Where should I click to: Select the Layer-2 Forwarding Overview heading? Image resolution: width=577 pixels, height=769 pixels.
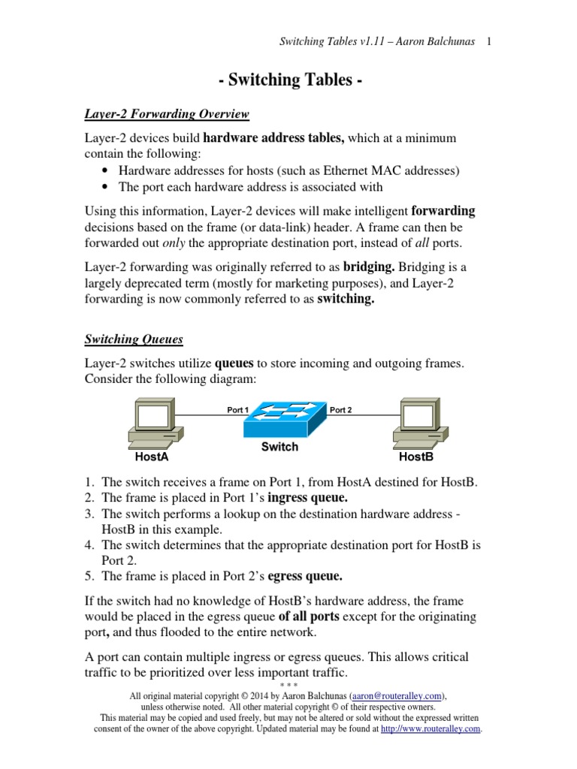click(166, 114)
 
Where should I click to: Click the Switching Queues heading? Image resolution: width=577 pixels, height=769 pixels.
click(133, 339)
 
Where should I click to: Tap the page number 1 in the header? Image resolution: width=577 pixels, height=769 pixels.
click(489, 42)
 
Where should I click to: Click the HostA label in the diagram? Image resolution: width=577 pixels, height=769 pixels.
click(151, 456)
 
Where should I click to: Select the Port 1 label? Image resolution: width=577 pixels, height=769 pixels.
click(237, 410)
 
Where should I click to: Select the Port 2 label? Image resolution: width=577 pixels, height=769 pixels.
click(340, 410)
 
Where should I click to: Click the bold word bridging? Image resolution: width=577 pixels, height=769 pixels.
click(370, 267)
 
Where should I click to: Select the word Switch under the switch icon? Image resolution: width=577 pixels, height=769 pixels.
click(279, 447)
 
